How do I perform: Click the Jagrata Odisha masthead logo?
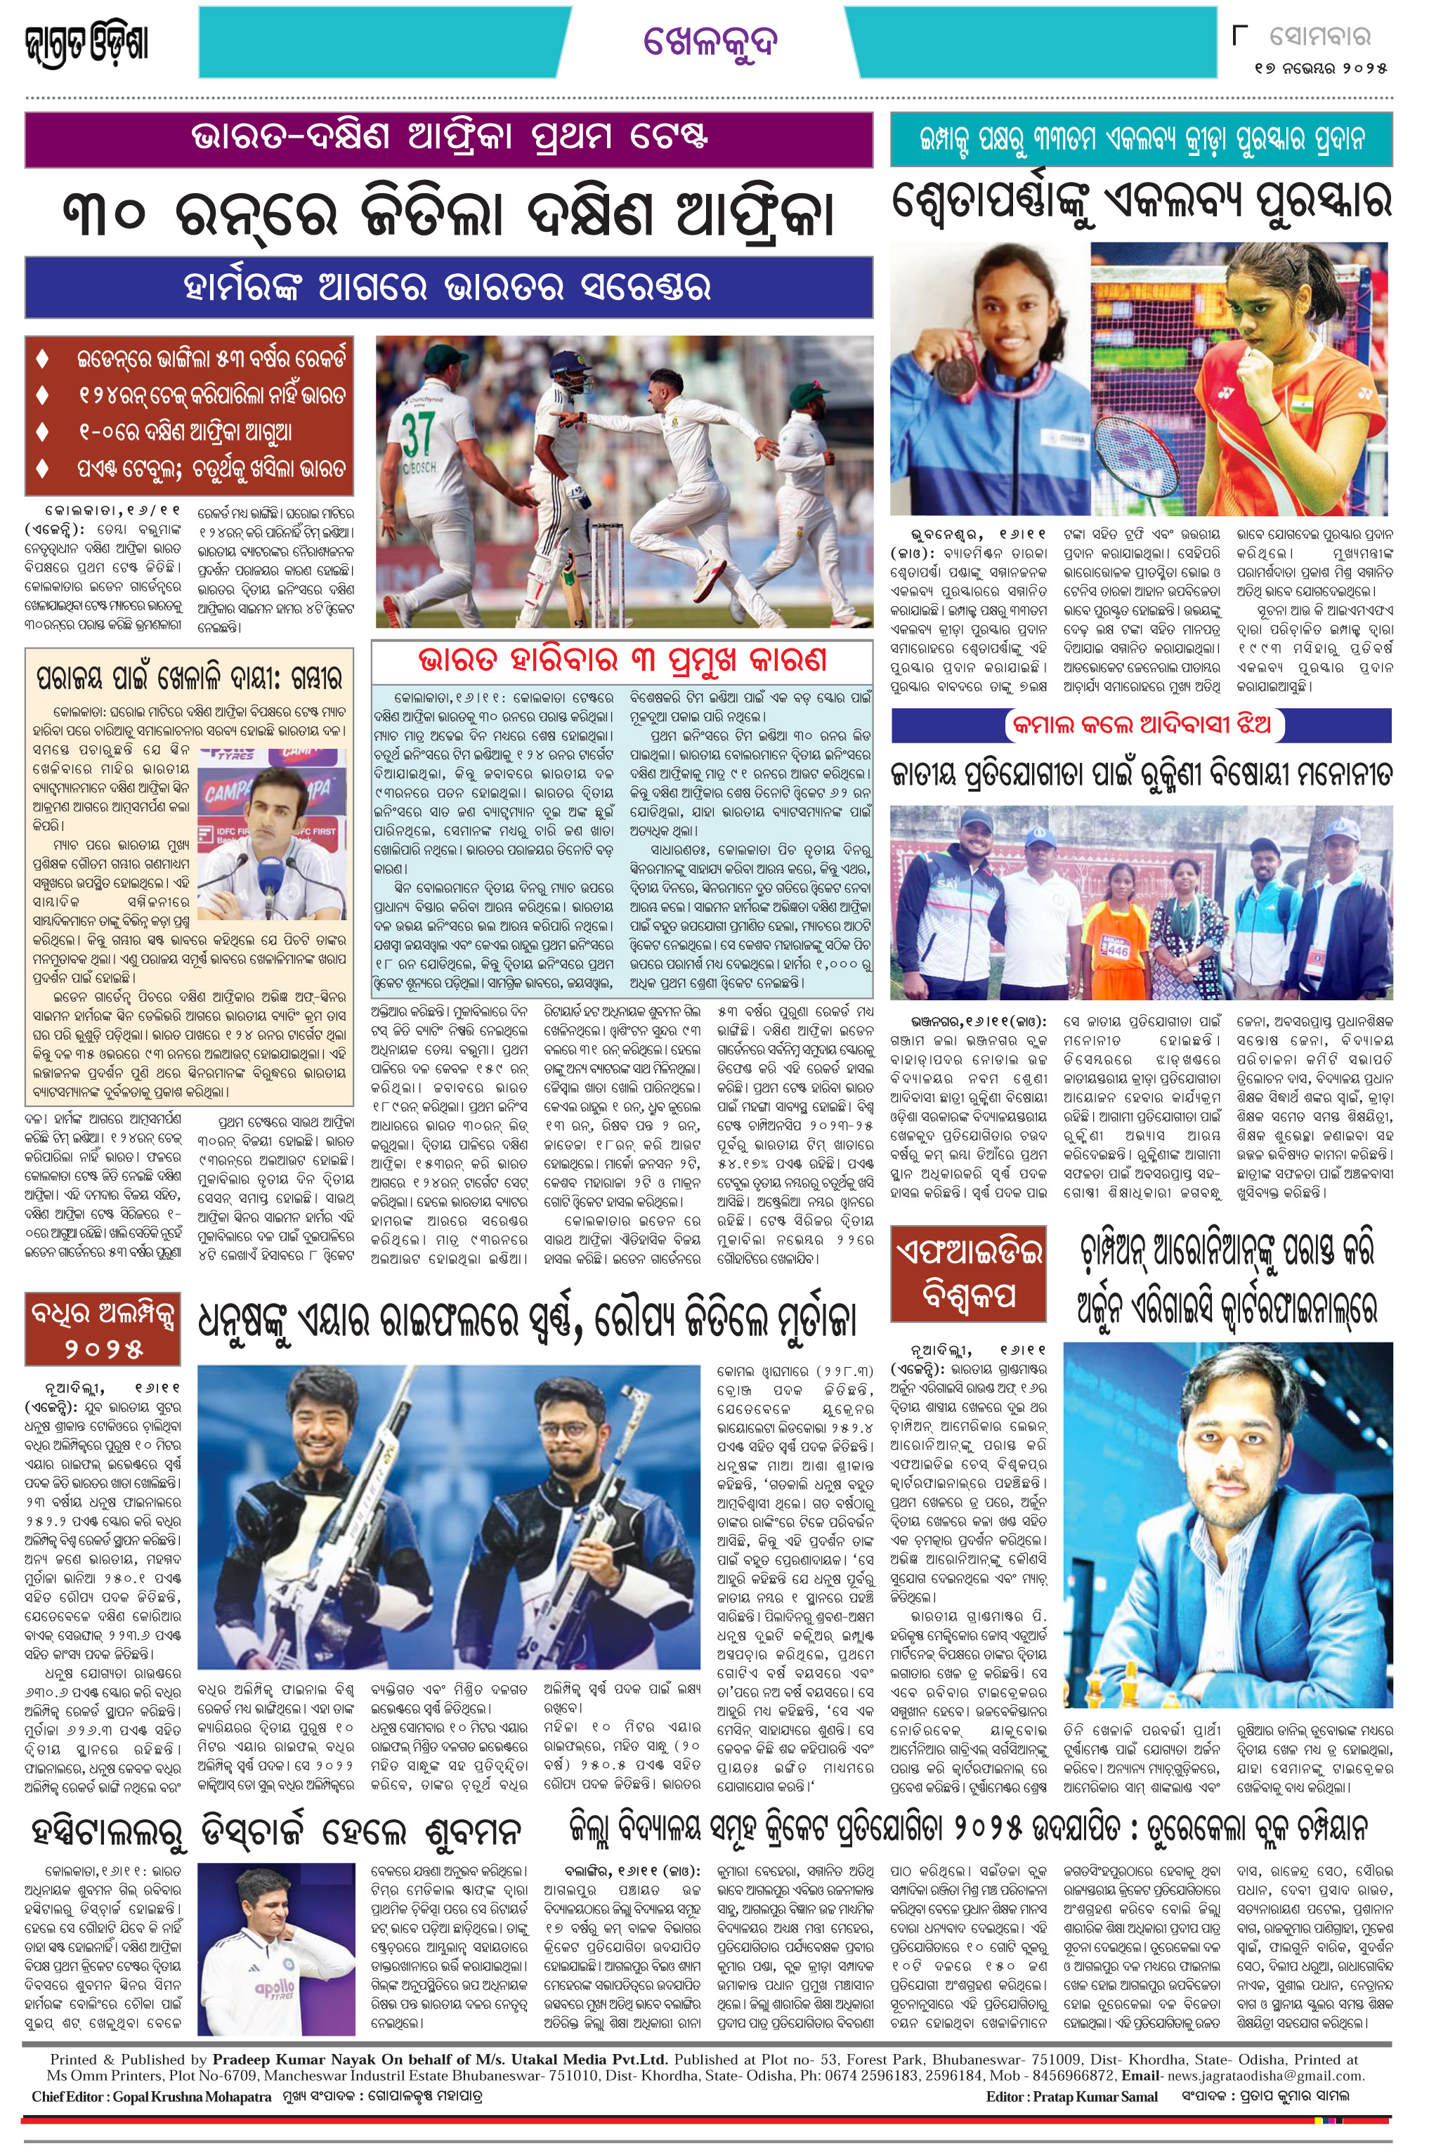(x=86, y=42)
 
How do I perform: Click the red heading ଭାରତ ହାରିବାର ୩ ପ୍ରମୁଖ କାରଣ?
(x=622, y=659)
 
